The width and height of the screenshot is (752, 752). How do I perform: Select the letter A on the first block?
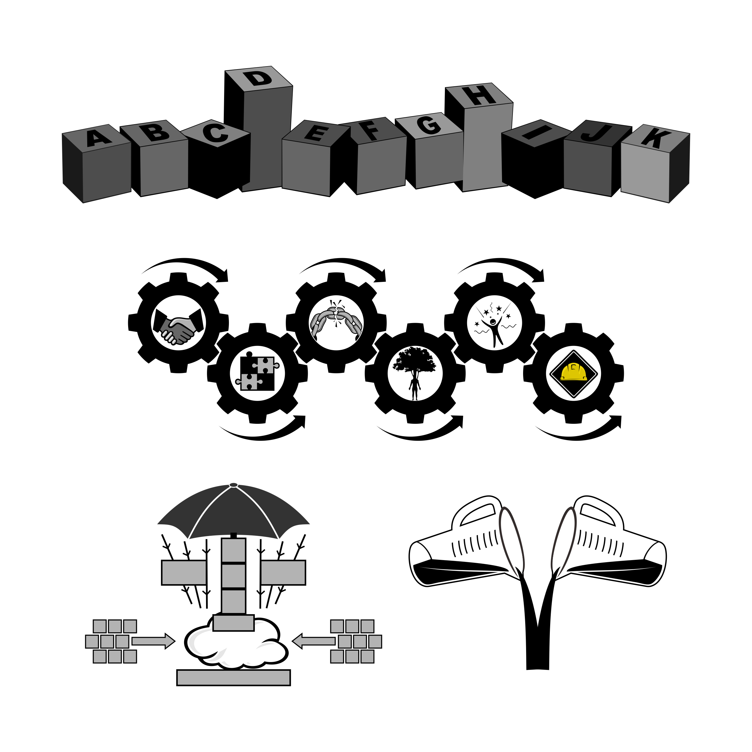coord(97,137)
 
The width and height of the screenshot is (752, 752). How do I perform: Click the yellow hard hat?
coord(574,372)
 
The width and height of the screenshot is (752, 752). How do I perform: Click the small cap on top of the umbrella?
coord(233,485)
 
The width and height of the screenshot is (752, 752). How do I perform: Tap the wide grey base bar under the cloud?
coord(233,678)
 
